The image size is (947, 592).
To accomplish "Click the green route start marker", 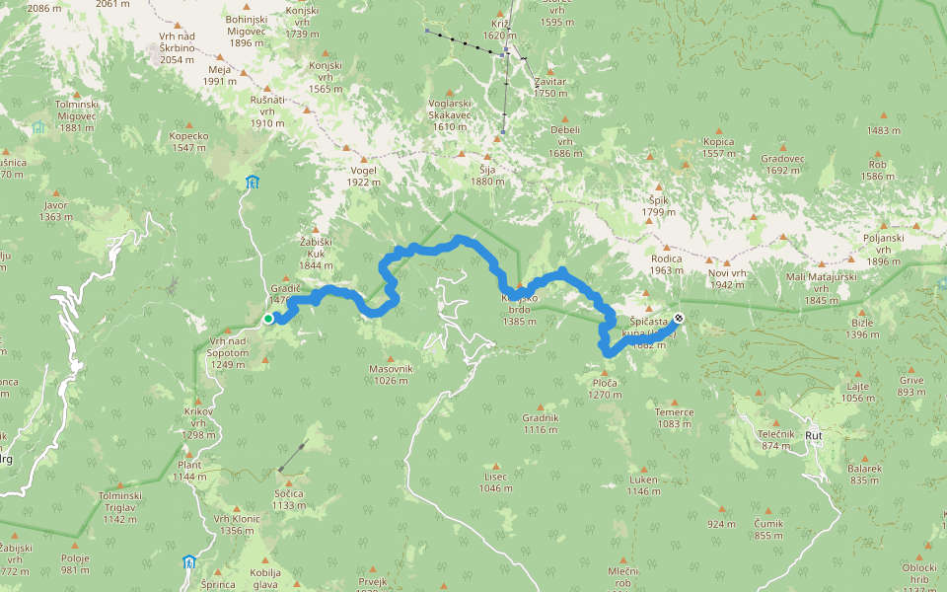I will click(268, 318).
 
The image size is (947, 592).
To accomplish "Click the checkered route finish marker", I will click(679, 318).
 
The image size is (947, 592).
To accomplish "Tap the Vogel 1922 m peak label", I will click(363, 176).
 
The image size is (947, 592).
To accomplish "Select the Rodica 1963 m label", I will click(666, 263).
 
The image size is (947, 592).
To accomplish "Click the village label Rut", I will click(814, 434).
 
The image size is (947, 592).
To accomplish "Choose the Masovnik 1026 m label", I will click(392, 374).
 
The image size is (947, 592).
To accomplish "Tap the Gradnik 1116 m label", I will click(541, 422).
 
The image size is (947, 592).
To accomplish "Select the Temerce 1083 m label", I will click(675, 417).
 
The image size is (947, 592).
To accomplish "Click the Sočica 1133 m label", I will click(289, 498).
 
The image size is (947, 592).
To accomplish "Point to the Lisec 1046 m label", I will click(495, 481).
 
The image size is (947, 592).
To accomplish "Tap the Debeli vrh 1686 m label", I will click(565, 141).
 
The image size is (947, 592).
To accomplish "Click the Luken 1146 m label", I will click(643, 484).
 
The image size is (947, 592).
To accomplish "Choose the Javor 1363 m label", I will click(56, 210).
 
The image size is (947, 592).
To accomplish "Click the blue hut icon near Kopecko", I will click(253, 183).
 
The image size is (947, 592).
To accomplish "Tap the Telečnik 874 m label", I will click(775, 439).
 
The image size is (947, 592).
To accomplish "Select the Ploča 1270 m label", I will click(606, 388).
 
